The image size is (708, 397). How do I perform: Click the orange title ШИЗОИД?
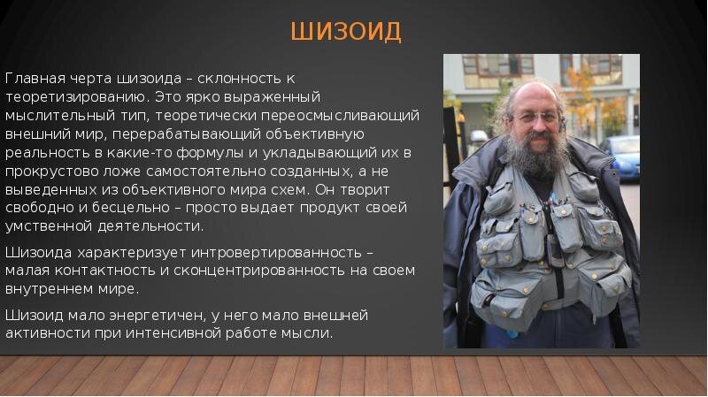tap(346, 32)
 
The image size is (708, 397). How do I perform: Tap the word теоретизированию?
tap(77, 97)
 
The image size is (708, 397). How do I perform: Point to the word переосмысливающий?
tap(341, 116)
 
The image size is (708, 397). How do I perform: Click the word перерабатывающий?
tap(187, 134)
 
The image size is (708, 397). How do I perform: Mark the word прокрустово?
tap(52, 172)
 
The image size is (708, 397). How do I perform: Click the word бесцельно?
tap(130, 208)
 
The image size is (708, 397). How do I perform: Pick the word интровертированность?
tap(276, 252)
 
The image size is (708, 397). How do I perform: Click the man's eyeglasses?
tap(537, 118)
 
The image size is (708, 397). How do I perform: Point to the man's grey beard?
tap(537, 156)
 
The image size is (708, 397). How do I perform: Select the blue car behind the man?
tap(622, 158)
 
